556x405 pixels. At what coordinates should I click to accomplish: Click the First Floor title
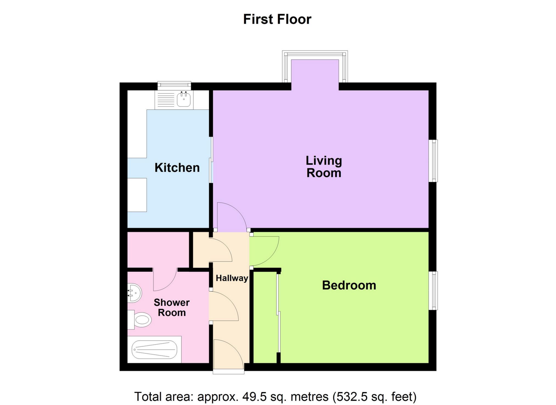coord(277,20)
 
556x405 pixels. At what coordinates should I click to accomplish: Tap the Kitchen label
coord(177,168)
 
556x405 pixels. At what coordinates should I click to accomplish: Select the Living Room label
coord(324,167)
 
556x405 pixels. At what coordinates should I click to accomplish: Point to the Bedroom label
coord(349,285)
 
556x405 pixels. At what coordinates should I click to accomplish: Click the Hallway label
coord(232,278)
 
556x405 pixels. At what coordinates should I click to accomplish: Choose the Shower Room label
coord(172,308)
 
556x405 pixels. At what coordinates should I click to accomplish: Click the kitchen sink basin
coord(184,100)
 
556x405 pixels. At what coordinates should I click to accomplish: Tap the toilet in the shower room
coord(141,320)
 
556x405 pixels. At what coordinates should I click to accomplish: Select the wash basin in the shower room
coord(135,293)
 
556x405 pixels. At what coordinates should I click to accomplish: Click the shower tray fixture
coord(155,350)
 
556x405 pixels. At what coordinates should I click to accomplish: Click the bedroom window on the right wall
coord(434,291)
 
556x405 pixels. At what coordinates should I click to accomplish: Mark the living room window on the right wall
coord(434,161)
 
